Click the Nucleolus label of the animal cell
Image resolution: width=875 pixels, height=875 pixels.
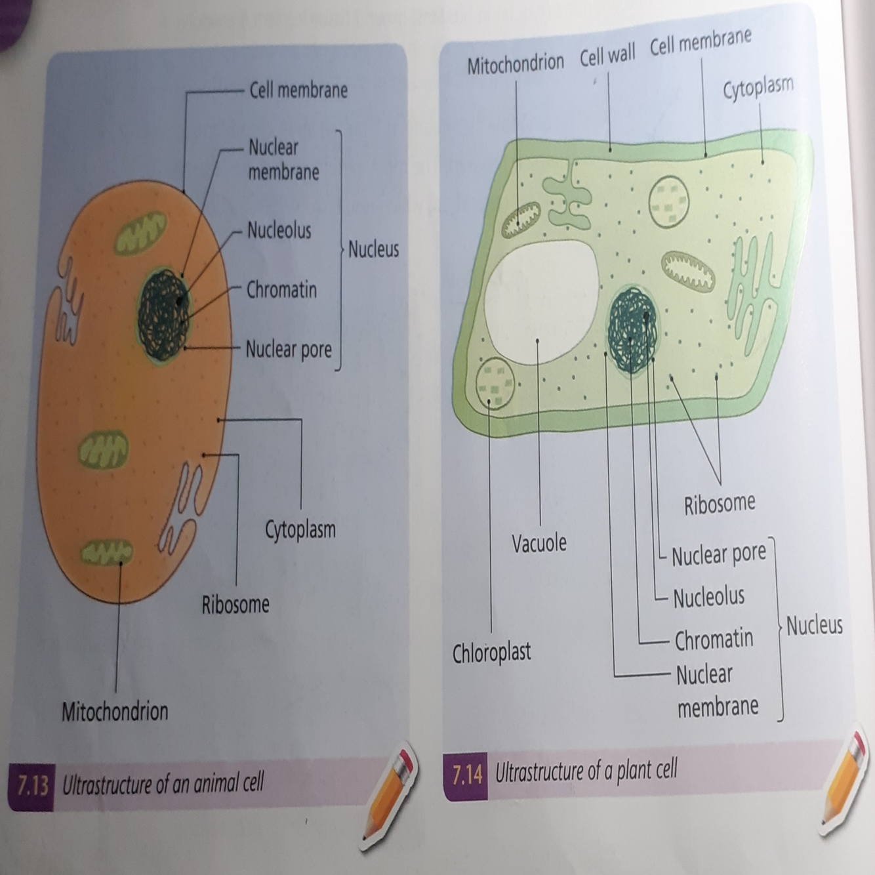(x=279, y=230)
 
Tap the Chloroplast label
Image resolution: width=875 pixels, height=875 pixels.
(x=491, y=653)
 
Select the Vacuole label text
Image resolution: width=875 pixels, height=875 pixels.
(x=539, y=543)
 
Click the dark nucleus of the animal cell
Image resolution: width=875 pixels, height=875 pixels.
(x=163, y=315)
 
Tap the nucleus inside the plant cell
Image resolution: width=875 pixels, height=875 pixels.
(x=632, y=329)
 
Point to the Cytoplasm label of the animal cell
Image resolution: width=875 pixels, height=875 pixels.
(x=300, y=529)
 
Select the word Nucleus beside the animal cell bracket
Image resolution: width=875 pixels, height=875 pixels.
(x=373, y=249)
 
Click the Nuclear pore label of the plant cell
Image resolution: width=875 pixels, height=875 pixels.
(x=718, y=555)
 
